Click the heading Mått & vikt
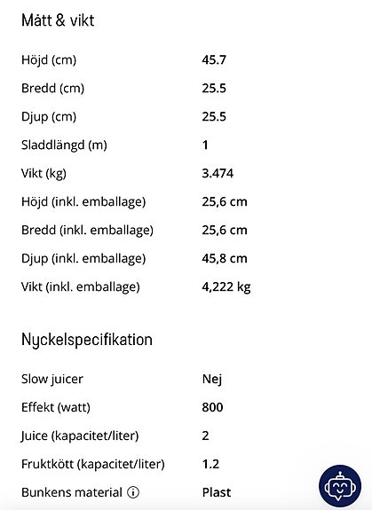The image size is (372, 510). click(x=58, y=21)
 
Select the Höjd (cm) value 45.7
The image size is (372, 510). click(x=214, y=60)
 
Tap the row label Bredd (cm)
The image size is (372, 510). click(x=52, y=89)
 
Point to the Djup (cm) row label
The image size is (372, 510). click(x=49, y=117)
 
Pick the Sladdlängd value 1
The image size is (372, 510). click(x=206, y=145)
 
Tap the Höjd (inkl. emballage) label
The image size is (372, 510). click(x=83, y=201)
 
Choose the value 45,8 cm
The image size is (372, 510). click(x=225, y=258)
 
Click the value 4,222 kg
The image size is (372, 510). click(x=226, y=286)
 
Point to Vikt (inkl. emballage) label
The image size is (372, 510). click(x=81, y=286)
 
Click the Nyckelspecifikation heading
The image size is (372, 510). click(x=87, y=340)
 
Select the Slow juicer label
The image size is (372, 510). click(x=52, y=379)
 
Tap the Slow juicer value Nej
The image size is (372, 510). click(x=212, y=379)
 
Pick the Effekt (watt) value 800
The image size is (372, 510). click(x=213, y=407)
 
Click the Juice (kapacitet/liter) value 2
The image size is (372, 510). click(x=206, y=435)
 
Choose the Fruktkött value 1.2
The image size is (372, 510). click(x=211, y=464)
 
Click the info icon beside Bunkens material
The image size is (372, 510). click(x=133, y=492)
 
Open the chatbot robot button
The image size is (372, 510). click(x=340, y=486)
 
